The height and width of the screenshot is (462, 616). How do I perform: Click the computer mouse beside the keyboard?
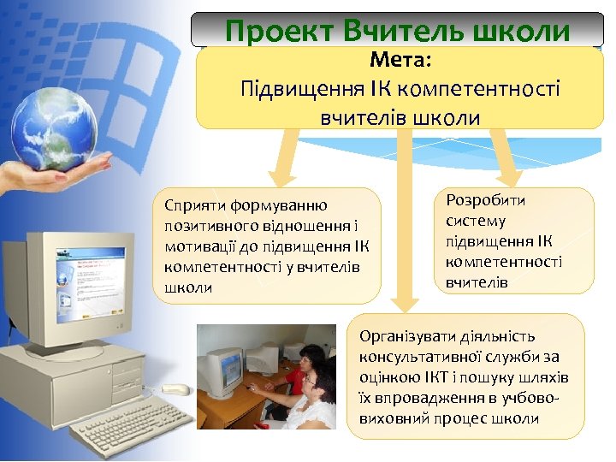[x=175, y=390]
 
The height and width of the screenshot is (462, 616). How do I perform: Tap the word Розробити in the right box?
[x=485, y=200]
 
